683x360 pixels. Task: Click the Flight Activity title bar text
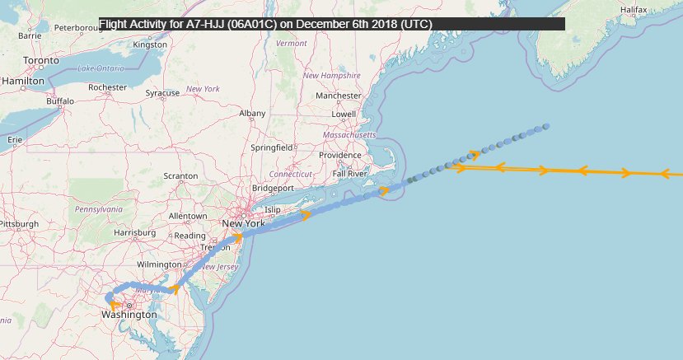coord(266,24)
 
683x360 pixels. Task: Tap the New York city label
coord(243,223)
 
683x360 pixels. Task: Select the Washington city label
coord(129,315)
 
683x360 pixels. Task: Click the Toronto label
coord(41,61)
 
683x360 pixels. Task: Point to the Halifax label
coord(634,9)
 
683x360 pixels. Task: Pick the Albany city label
coord(252,114)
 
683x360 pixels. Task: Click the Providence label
coord(340,155)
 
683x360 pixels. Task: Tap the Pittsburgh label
coord(19,223)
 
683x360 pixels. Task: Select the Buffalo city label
coord(60,101)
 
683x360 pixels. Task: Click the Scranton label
coord(180,176)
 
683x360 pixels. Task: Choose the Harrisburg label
coord(135,233)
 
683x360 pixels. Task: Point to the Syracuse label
coord(162,93)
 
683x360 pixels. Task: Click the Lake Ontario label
coord(101,68)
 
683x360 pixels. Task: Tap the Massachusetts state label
coord(349,134)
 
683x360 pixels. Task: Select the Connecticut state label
coord(291,175)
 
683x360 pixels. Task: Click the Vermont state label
coord(292,43)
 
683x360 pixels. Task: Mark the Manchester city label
coord(339,96)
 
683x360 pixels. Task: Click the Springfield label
coord(272,147)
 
